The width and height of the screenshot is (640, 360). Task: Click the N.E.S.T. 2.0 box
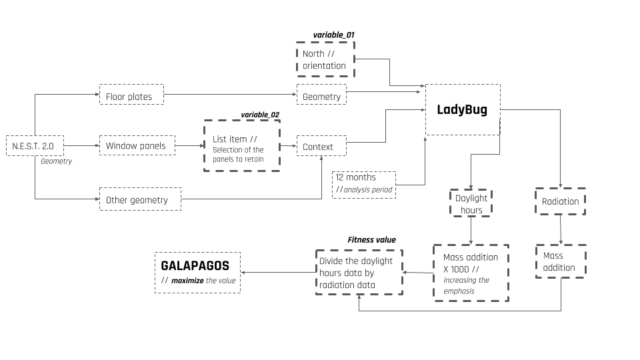coord(35,145)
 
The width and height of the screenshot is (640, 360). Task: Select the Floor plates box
coord(131,97)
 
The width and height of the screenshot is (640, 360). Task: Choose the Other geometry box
coord(139,200)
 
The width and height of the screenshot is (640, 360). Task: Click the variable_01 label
coord(333,35)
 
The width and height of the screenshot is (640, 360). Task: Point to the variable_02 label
coord(260,115)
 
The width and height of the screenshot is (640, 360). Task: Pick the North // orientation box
coord(325,59)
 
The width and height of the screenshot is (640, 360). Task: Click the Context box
coord(321,146)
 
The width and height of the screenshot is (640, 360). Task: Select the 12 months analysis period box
coord(363,185)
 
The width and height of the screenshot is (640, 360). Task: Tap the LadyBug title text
coord(462,110)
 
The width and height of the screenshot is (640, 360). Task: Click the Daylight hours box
coord(471,204)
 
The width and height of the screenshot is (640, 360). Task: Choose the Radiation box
coord(560,201)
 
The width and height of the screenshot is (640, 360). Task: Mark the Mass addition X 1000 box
coord(471,273)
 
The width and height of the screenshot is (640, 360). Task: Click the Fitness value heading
coord(371,240)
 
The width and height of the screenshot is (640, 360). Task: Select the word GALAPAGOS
coord(195,265)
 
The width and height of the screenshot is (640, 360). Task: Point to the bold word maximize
coord(187,281)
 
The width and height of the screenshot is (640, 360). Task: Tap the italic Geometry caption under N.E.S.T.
coord(56,161)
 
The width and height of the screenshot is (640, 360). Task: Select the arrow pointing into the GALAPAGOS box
coord(277,272)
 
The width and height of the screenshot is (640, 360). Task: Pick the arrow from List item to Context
coord(288,145)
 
